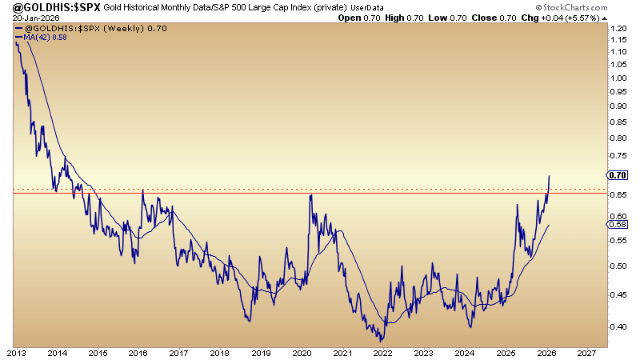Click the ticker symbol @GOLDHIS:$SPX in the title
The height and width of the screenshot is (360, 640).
pyautogui.click(x=50, y=7)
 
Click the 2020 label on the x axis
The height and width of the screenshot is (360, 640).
pyautogui.click(x=302, y=352)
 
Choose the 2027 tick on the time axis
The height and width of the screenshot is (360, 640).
pyautogui.click(x=586, y=352)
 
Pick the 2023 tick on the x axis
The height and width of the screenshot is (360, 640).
pyautogui.click(x=423, y=352)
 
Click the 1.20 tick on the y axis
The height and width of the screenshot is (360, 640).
pyautogui.click(x=618, y=28)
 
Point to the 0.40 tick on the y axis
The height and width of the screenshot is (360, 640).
pyautogui.click(x=618, y=326)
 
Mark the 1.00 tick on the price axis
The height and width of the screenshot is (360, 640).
pyautogui.click(x=618, y=78)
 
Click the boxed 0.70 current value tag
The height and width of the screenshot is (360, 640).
pyautogui.click(x=618, y=175)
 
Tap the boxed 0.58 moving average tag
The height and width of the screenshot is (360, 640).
pyautogui.click(x=618, y=225)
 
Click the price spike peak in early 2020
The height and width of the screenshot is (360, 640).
pyautogui.click(x=310, y=194)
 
